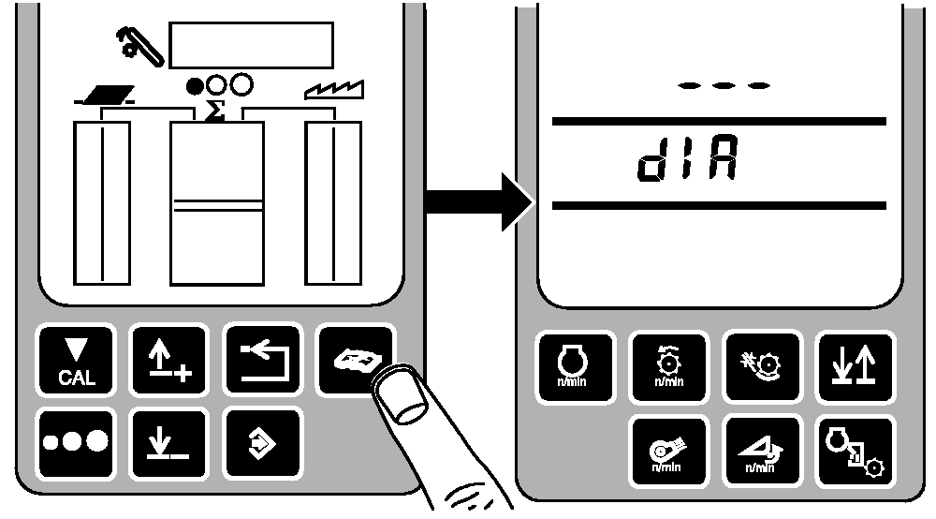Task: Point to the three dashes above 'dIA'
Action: click(x=724, y=85)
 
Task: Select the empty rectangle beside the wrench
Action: click(x=251, y=44)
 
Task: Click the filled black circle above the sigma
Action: click(x=196, y=85)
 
